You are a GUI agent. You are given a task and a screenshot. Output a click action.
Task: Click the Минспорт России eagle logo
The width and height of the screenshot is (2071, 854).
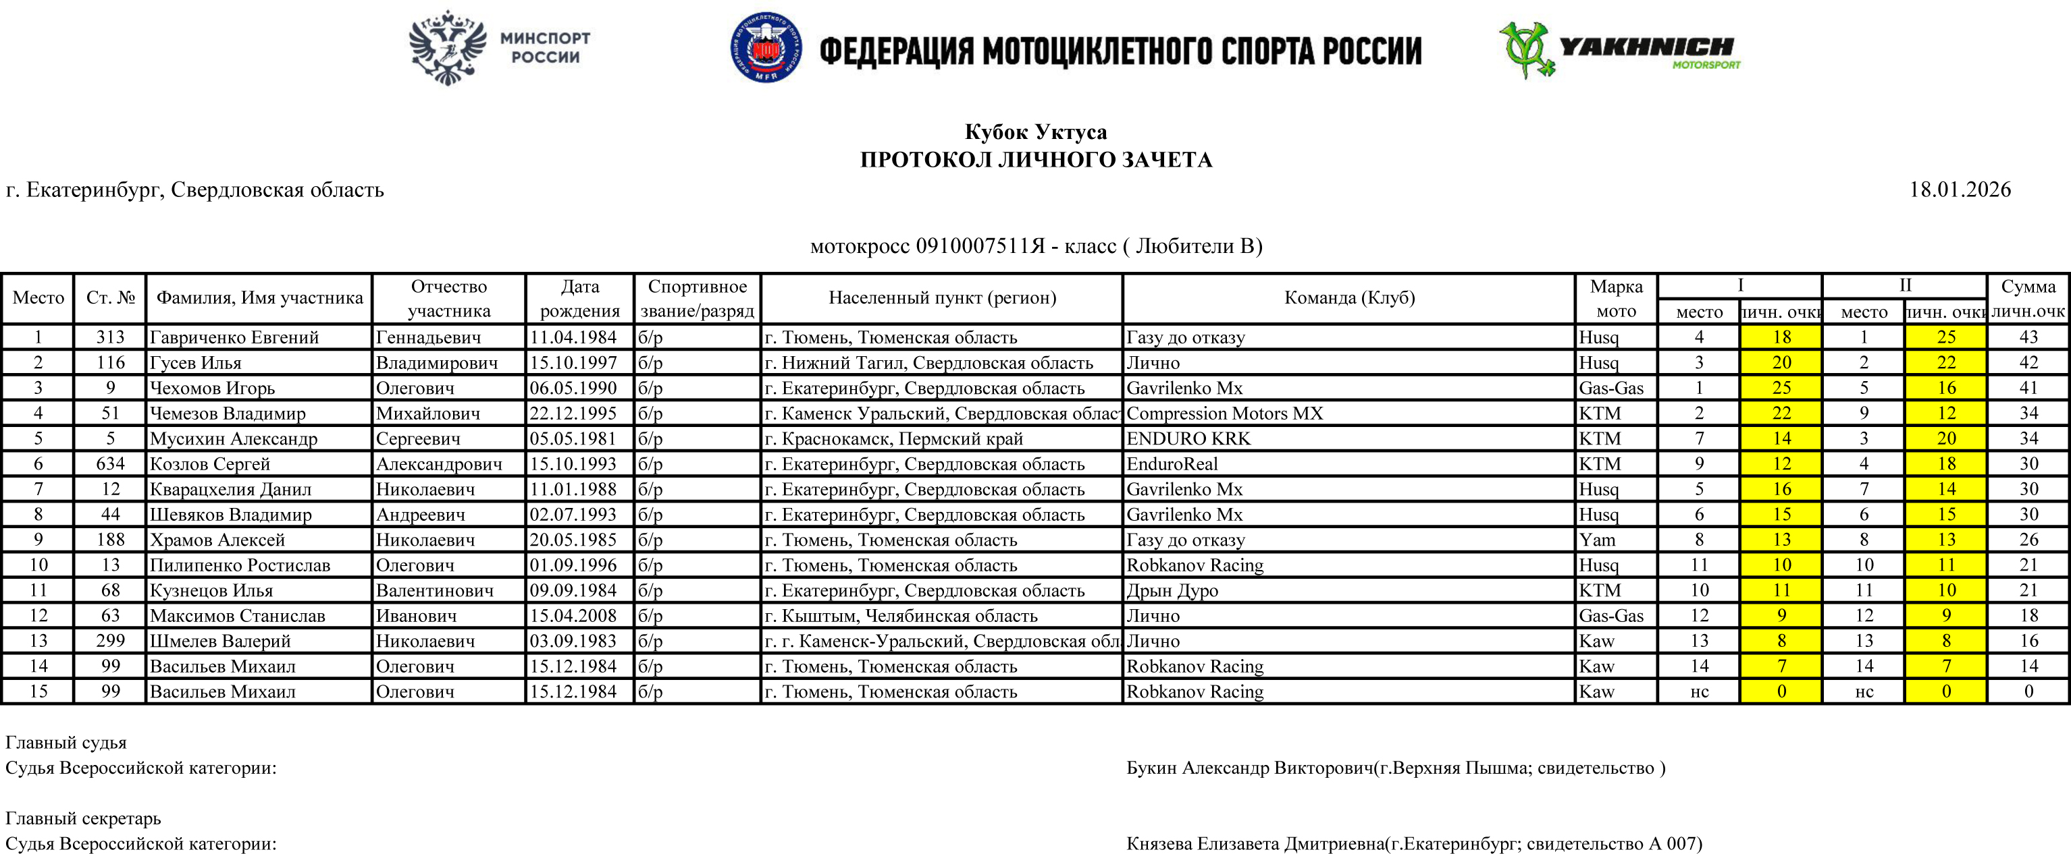448,47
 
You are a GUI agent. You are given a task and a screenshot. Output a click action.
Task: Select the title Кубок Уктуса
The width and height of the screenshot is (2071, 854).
1036,132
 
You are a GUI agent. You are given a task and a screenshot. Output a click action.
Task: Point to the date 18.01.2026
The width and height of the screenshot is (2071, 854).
1960,190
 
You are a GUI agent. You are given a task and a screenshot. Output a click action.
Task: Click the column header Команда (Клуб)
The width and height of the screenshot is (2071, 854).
1349,298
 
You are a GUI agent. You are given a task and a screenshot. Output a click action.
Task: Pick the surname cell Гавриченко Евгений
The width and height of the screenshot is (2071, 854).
234,337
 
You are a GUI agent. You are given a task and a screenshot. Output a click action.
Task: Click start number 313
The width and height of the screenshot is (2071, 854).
110,337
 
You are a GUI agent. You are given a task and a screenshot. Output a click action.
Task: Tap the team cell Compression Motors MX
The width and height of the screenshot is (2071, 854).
1224,414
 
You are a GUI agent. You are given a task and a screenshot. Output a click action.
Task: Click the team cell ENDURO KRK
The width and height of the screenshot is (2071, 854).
1188,438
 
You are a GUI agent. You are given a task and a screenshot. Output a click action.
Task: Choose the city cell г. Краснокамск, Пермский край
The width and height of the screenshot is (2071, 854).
893,438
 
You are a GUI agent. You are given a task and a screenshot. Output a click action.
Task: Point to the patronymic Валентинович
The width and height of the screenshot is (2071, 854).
434,590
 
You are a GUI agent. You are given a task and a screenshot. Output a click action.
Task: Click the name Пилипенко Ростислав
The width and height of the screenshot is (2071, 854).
240,565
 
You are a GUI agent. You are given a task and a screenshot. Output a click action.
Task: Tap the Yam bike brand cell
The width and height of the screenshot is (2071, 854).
1597,540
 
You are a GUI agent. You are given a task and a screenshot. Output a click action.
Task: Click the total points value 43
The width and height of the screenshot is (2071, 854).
2028,337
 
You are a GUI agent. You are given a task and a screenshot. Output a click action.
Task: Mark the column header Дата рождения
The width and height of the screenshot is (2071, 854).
579,298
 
